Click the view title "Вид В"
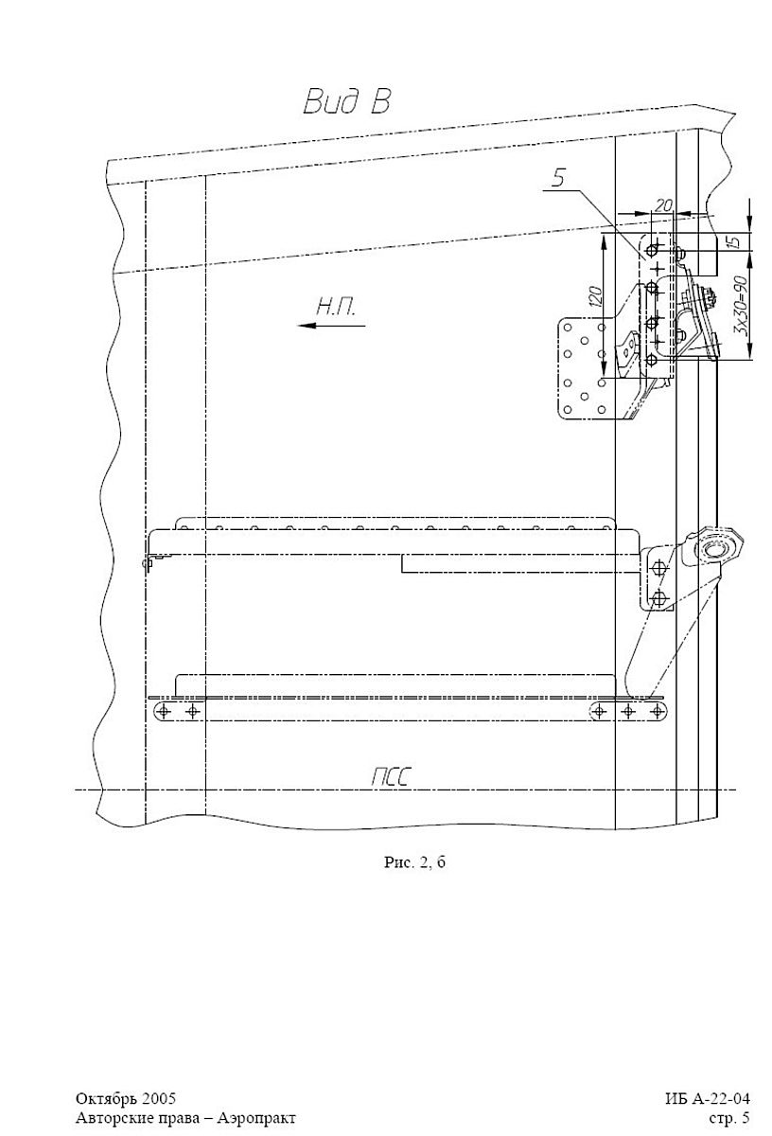pos(347,101)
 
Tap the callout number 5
pos(558,178)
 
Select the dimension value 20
pos(663,205)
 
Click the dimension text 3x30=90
pos(742,305)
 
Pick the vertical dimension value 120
pos(596,296)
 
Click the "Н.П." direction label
pos(336,307)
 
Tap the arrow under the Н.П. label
pos(331,325)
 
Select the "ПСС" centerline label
pos(390,777)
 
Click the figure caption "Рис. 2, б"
pos(414,862)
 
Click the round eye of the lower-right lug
pos(713,549)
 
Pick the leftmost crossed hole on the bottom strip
pos(164,712)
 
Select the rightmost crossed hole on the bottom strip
pos(657,712)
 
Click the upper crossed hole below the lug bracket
pos(658,567)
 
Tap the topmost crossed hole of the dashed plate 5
pos(654,250)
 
